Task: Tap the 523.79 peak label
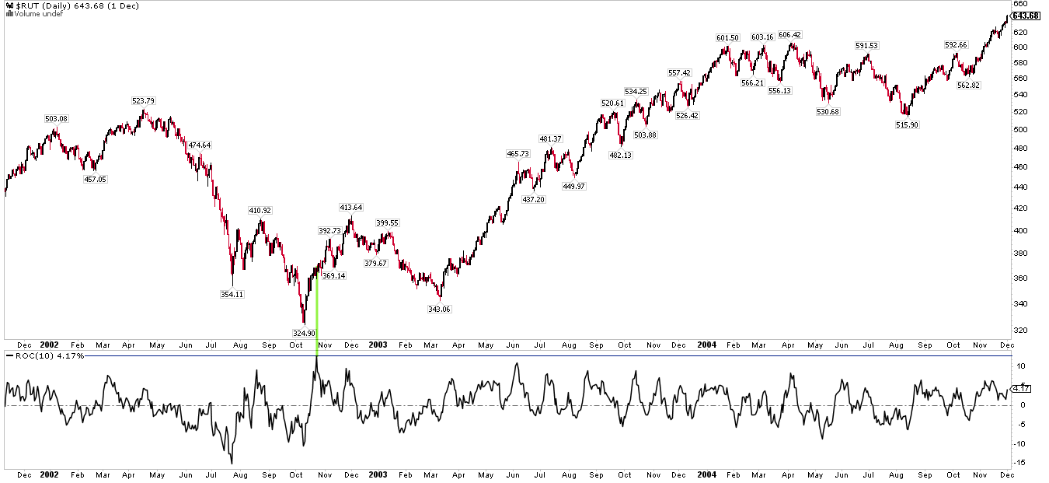click(x=145, y=100)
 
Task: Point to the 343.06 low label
click(x=439, y=309)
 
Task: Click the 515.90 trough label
click(x=907, y=124)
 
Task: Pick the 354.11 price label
click(x=232, y=294)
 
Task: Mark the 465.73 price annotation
click(x=518, y=154)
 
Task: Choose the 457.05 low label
click(x=96, y=179)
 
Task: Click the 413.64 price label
click(x=350, y=208)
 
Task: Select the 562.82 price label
click(x=969, y=86)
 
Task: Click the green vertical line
click(x=317, y=311)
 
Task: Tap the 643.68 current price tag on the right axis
click(x=1026, y=16)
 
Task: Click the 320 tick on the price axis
click(x=1019, y=330)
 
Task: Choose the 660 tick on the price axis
click(x=1019, y=5)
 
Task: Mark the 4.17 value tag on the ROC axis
click(x=1022, y=388)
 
